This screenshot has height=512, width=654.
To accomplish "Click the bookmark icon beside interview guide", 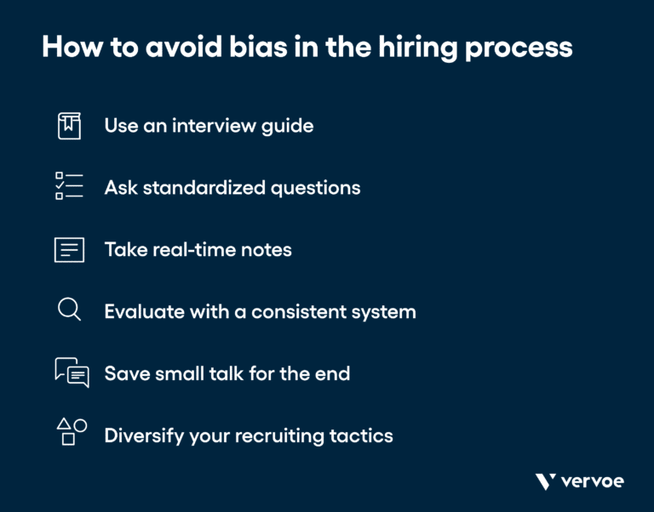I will tap(69, 126).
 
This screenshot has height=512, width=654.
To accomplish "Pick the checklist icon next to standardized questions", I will tap(69, 186).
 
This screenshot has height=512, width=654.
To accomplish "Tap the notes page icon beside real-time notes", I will tap(69, 249).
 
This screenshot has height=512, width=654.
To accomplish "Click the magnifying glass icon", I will tap(69, 310).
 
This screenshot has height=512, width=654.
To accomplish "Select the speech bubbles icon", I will tap(72, 373).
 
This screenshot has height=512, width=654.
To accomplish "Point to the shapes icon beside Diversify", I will tap(71, 432).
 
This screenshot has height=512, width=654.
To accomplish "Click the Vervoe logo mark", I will tap(546, 482).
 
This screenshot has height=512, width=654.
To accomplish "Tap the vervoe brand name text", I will tap(593, 482).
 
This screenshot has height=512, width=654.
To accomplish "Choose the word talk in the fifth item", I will tap(215, 373).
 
